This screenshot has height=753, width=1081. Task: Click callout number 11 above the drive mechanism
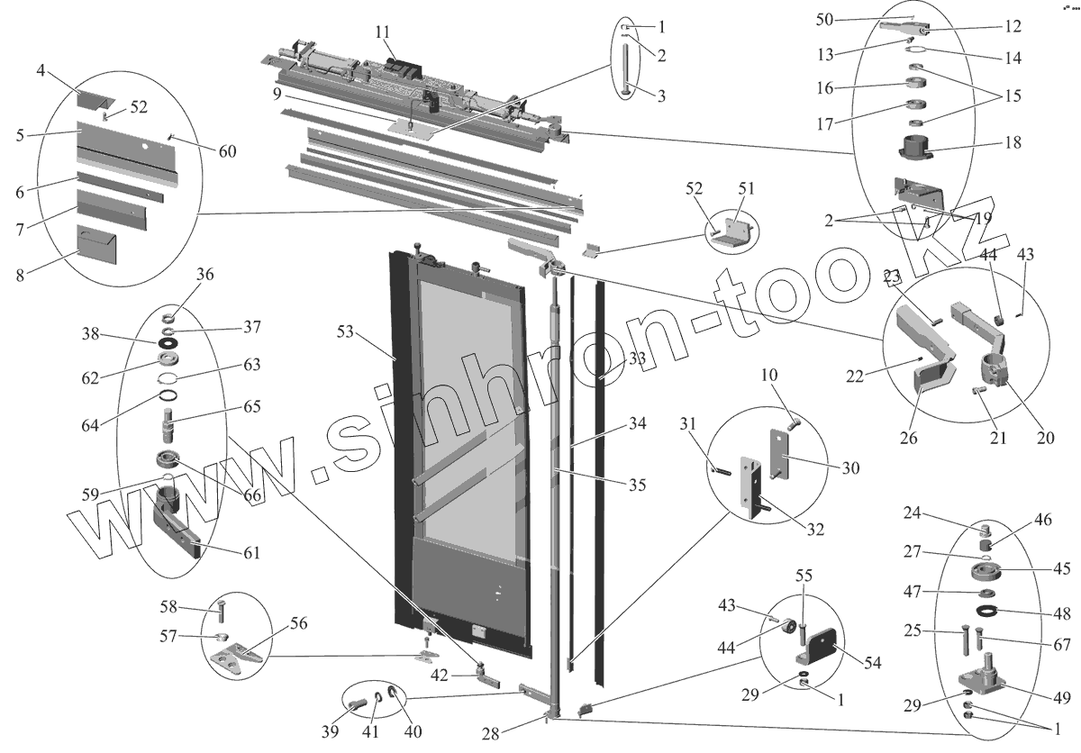pos(382,32)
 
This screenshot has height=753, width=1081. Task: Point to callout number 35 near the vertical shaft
pos(637,485)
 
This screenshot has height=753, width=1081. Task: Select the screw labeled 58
pos(221,614)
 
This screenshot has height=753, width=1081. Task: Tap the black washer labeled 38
pos(168,344)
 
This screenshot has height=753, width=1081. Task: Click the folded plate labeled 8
pos(96,245)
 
